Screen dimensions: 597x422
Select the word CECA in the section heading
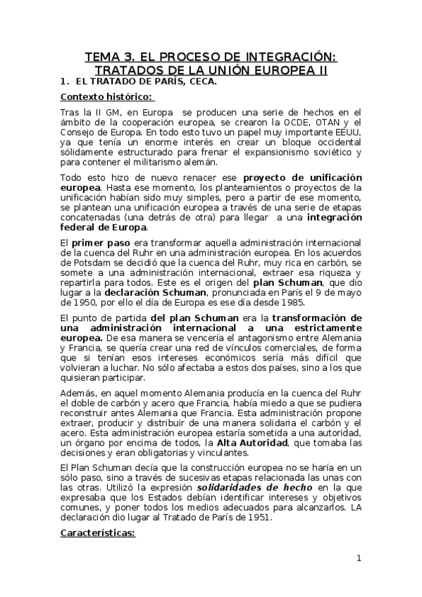click(x=201, y=81)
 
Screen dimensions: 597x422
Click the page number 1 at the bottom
click(x=359, y=560)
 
